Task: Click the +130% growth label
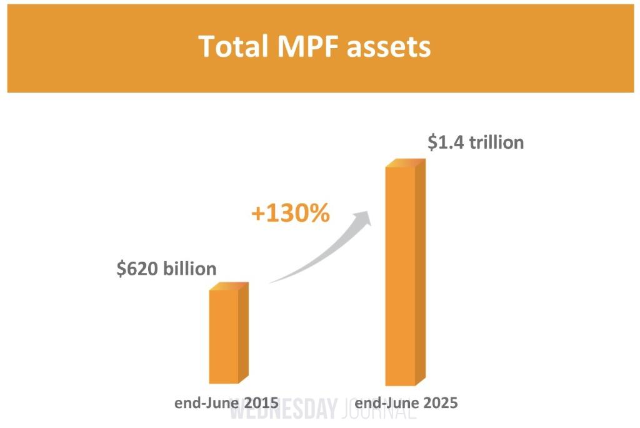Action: click(290, 214)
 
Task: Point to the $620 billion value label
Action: click(167, 268)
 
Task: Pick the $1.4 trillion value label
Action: click(476, 142)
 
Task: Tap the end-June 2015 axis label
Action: click(226, 402)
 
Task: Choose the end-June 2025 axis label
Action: click(406, 402)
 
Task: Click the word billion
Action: click(190, 268)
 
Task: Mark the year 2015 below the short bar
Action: click(261, 402)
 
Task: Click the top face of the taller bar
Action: click(405, 163)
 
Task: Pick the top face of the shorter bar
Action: click(229, 286)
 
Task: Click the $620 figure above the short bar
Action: click(137, 268)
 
